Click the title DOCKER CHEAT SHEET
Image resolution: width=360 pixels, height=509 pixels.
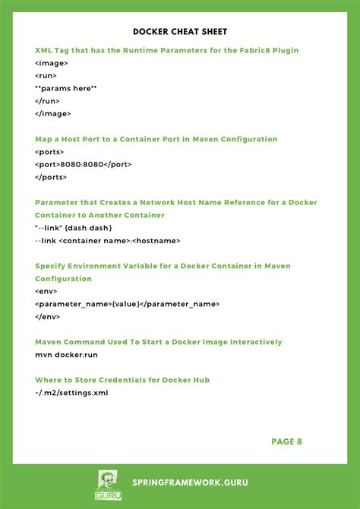(x=180, y=32)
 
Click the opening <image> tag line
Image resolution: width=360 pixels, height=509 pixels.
(x=52, y=63)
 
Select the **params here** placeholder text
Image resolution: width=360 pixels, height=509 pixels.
(x=66, y=88)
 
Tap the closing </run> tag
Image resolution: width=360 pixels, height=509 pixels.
(x=47, y=101)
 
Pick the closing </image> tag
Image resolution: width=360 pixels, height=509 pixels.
(x=53, y=113)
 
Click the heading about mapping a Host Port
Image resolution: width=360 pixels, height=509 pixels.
(x=156, y=139)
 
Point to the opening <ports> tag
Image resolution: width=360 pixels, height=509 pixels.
(x=49, y=152)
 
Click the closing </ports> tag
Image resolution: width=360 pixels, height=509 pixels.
(x=51, y=177)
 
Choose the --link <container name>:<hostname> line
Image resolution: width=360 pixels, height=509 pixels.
(x=108, y=240)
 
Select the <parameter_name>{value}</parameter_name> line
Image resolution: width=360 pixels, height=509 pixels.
(x=128, y=304)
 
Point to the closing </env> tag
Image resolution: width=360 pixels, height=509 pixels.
(x=48, y=316)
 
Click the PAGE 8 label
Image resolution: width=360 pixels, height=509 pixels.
(x=287, y=441)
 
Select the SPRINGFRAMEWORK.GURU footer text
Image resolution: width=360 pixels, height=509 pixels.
(x=190, y=482)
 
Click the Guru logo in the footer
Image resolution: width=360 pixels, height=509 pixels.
(x=108, y=485)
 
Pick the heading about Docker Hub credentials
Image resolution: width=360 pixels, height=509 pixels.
(x=122, y=380)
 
